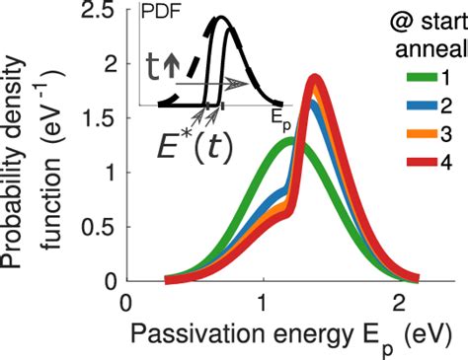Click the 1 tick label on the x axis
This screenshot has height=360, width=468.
point(264,303)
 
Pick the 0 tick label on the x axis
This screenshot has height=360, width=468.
point(125,303)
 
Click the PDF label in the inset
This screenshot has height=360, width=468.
point(159,13)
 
